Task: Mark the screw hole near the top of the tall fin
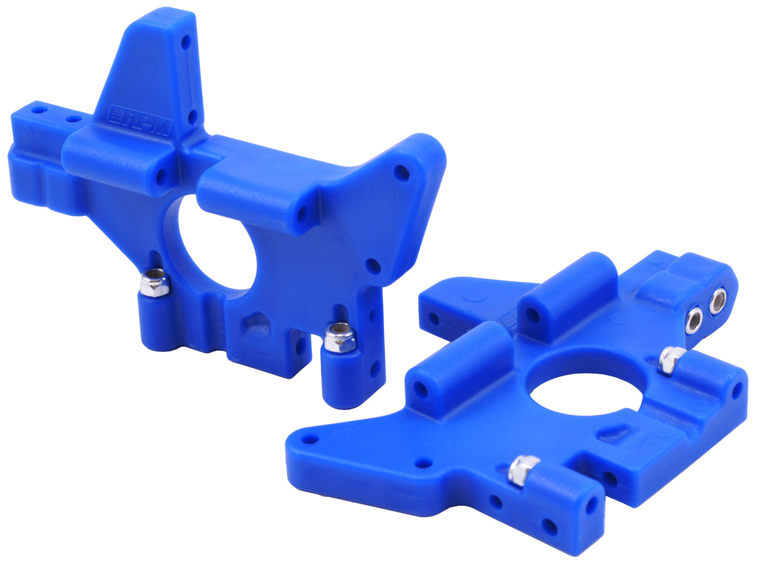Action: (185, 43)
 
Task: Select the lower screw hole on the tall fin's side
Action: (192, 116)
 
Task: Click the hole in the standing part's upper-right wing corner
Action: (402, 172)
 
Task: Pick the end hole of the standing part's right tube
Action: (302, 214)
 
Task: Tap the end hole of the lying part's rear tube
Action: (532, 315)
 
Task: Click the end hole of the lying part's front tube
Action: (421, 390)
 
